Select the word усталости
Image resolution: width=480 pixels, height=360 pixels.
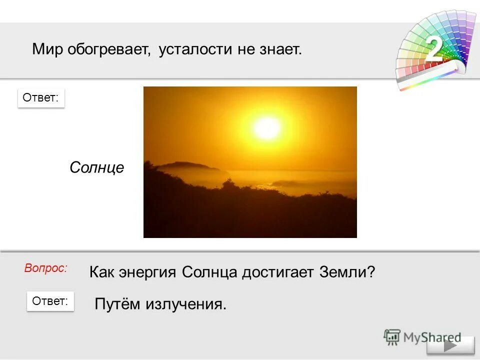[x=195, y=49]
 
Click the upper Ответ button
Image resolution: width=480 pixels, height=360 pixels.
[x=41, y=98]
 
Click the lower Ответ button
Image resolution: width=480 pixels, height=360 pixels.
[x=50, y=301]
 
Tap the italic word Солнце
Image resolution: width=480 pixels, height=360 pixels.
[x=96, y=167]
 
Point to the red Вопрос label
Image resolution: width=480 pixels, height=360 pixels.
[x=45, y=268]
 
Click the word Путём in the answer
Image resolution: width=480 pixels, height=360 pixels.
[x=117, y=304]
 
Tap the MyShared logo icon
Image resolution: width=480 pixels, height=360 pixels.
[x=392, y=337]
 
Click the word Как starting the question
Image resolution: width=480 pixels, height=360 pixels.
[x=101, y=272]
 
